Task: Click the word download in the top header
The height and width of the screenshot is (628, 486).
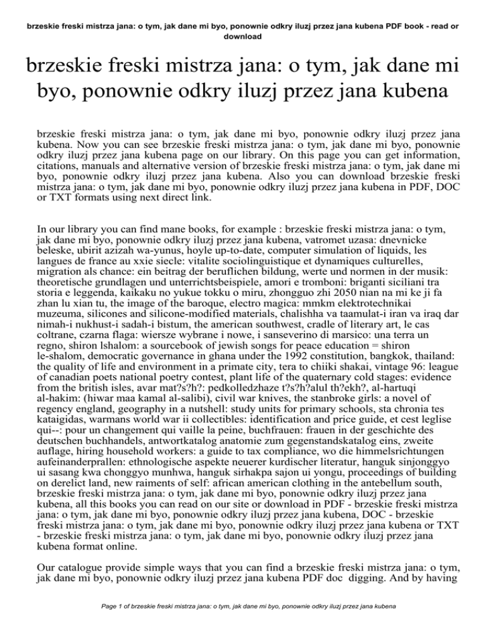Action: tap(243, 37)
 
